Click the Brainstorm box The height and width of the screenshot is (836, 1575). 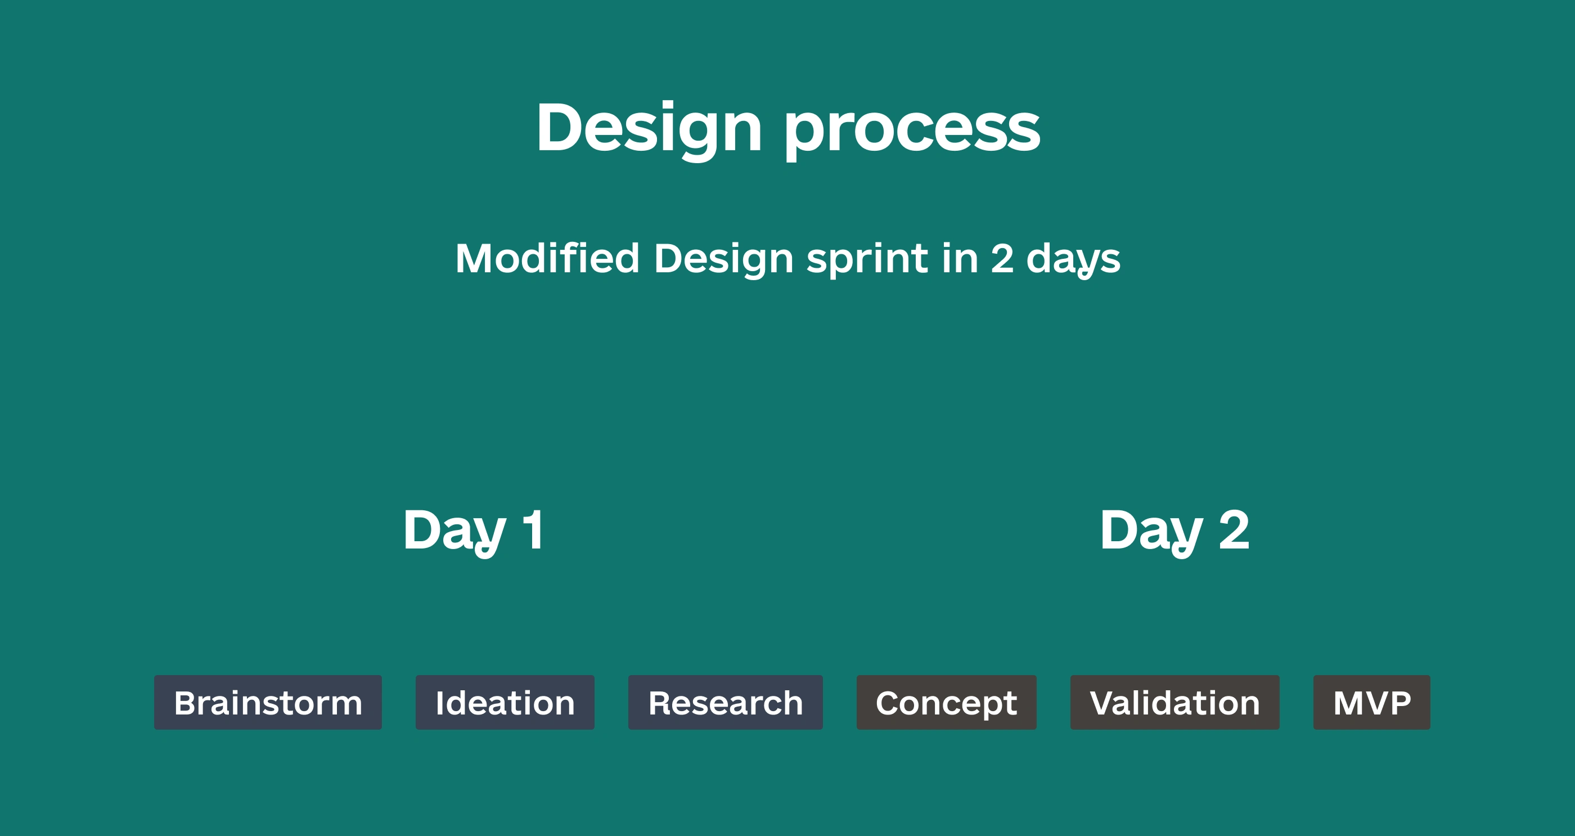pyautogui.click(x=268, y=702)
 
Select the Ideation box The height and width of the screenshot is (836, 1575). pyautogui.click(x=505, y=702)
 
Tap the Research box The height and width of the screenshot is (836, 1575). pyautogui.click(x=725, y=702)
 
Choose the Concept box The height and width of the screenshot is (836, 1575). pyautogui.click(x=947, y=702)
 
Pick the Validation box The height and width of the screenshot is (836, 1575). pyautogui.click(x=1174, y=702)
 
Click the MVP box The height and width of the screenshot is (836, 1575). pyautogui.click(x=1372, y=702)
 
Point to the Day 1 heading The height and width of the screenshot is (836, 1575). pyautogui.click(x=473, y=532)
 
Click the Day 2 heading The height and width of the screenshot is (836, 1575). pyautogui.click(x=1174, y=532)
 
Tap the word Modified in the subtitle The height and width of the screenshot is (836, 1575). pyautogui.click(x=547, y=258)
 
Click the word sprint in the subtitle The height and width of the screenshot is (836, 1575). pyautogui.click(x=867, y=260)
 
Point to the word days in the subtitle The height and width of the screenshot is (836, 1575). pyautogui.click(x=1073, y=260)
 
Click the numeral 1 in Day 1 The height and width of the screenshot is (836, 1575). pyautogui.click(x=533, y=529)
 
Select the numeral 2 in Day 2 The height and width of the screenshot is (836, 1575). pyautogui.click(x=1234, y=529)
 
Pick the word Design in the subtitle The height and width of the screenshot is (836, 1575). pyautogui.click(x=723, y=260)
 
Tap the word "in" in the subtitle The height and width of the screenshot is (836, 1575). pyautogui.click(x=960, y=258)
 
